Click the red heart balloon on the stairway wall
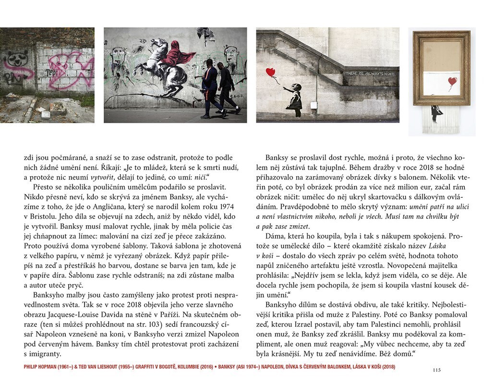coord(271,72)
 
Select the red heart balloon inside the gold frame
coord(452,81)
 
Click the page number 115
coord(436,370)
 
